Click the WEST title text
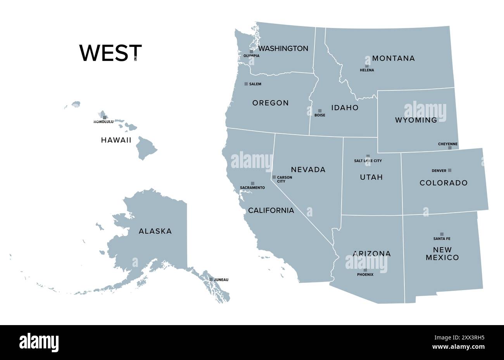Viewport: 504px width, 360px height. click(110, 53)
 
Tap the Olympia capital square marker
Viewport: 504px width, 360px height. click(251, 51)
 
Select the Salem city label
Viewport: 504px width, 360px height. click(255, 84)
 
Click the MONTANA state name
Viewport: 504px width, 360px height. click(393, 58)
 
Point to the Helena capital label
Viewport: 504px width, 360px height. click(367, 70)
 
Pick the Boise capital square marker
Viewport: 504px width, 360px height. click(320, 111)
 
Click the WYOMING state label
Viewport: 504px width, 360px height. click(416, 120)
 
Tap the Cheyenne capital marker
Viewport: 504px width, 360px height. click(450, 148)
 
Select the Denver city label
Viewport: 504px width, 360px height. click(439, 171)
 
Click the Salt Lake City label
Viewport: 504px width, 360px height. click(368, 161)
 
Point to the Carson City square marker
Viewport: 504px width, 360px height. click(274, 177)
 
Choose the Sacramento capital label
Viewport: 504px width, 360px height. click(252, 188)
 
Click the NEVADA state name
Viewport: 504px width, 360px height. click(308, 170)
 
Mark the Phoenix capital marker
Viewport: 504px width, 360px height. click(365, 270)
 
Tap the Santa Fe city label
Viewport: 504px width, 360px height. click(442, 239)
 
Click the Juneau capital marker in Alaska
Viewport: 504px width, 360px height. click(211, 279)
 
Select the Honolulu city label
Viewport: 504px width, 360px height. click(104, 122)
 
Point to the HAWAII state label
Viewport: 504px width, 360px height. click(116, 140)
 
